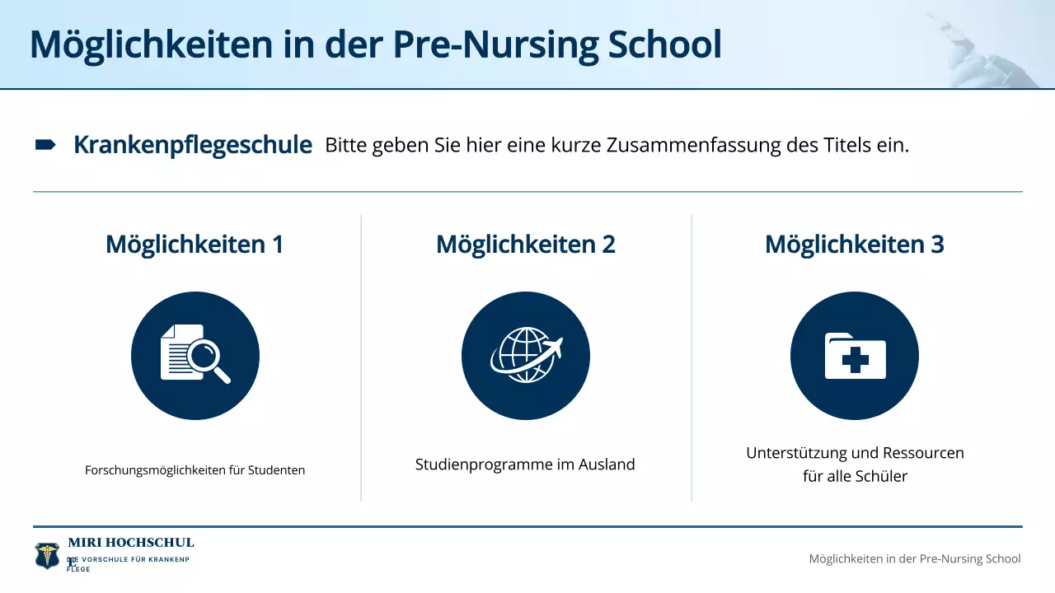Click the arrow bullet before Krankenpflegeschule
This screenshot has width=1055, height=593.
point(45,146)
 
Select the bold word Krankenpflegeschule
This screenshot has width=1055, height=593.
point(193,146)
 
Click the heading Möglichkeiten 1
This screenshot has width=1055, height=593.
point(195,245)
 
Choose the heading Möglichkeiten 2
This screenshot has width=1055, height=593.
point(526,245)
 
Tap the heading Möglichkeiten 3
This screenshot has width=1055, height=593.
point(855,245)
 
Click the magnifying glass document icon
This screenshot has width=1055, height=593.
point(195,355)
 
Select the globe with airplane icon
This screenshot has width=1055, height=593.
point(526,355)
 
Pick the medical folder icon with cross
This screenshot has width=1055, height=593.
point(855,355)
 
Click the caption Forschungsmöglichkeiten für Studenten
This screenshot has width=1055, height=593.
point(195,470)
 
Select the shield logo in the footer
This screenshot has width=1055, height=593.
point(47,556)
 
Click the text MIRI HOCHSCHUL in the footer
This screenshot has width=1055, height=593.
point(131,543)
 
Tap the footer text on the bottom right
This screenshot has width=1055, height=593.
point(915,558)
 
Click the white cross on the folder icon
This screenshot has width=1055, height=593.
point(855,361)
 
